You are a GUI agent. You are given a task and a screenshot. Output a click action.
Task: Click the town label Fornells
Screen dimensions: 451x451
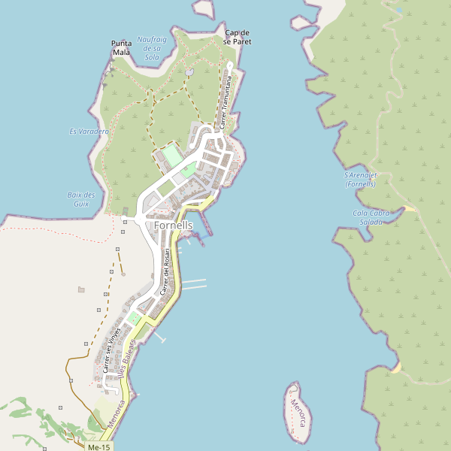tap(174, 225)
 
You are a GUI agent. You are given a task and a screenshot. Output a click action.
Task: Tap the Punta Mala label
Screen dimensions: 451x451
tap(121, 48)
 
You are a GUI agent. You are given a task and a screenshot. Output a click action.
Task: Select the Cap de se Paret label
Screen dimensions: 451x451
tap(238, 38)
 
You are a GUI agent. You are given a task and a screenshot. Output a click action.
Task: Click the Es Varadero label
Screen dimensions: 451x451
tap(89, 132)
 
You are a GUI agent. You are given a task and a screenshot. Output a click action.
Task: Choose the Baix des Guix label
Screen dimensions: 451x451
tap(81, 199)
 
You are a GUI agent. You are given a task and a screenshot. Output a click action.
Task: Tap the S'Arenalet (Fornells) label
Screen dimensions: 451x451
tap(359, 179)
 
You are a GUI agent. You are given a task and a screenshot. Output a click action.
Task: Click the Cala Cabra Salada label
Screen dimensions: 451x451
tap(371, 217)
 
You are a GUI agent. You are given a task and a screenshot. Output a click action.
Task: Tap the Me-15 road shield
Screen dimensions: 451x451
tap(98, 446)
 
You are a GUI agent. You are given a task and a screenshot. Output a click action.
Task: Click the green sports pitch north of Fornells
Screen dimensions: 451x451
tap(172, 156)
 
